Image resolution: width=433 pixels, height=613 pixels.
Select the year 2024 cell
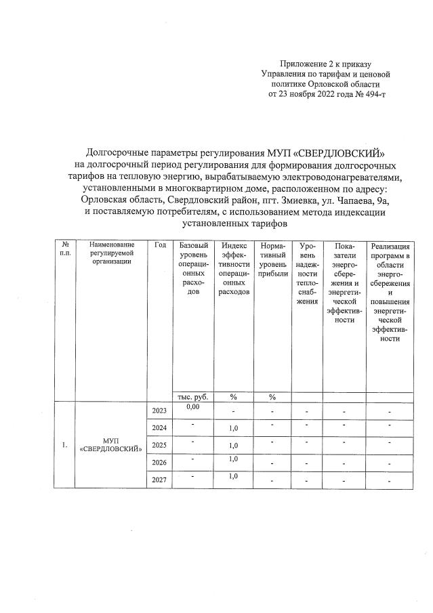pos(159,427)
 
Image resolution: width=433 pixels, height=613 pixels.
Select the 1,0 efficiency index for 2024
pos(234,429)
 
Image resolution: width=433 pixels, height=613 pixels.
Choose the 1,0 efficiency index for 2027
pos(234,477)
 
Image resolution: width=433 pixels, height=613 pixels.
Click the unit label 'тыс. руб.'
pos(192,397)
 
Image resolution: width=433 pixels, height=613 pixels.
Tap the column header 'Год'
pos(160,245)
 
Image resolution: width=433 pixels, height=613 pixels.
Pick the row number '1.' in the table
pos(65,446)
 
